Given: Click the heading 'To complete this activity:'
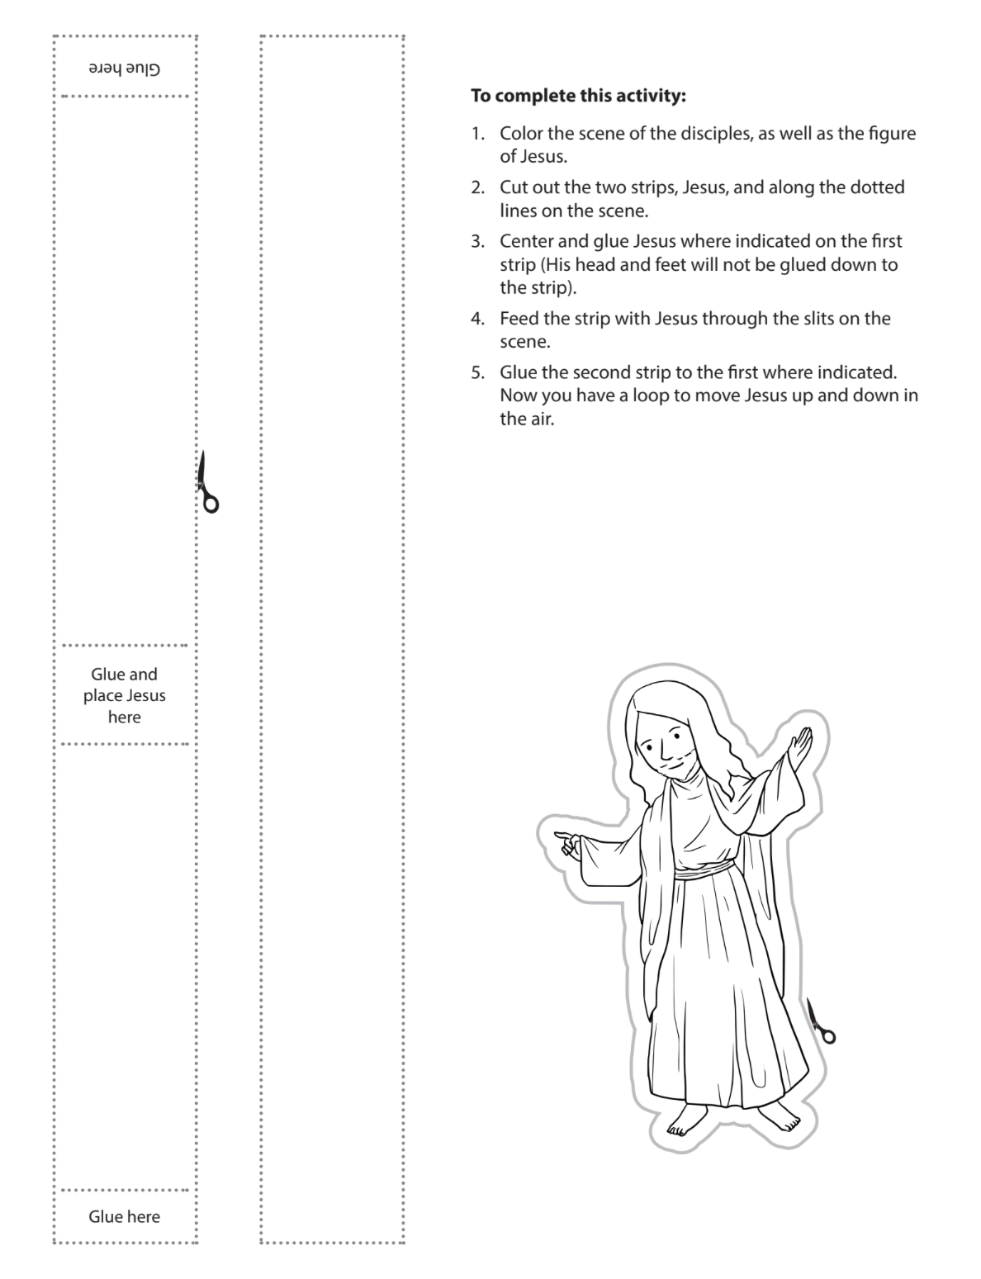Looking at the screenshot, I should tap(578, 96).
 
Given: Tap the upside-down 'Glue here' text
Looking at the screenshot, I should tap(124, 69).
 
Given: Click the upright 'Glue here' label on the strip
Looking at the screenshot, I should tap(124, 1216).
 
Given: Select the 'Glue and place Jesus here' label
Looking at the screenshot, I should tap(124, 695).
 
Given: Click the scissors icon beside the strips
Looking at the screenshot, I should tap(207, 483).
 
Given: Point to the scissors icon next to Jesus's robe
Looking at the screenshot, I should tap(820, 1021).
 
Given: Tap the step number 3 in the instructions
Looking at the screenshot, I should tap(477, 241).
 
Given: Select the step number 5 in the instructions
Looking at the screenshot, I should tap(477, 372).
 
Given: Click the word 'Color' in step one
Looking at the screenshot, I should tap(520, 134).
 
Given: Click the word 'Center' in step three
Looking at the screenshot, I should tap(527, 241).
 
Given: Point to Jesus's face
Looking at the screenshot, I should tap(666, 751).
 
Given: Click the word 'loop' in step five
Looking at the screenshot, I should tap(650, 395).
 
